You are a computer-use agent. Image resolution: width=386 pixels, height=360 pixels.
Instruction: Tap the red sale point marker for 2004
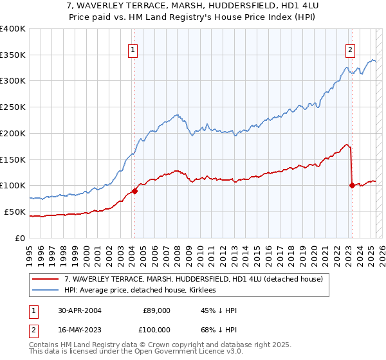tap(135, 191)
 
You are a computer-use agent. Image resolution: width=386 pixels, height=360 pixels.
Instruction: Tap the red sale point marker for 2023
tap(352, 185)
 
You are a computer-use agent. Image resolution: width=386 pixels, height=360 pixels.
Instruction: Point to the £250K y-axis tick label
tap(13, 107)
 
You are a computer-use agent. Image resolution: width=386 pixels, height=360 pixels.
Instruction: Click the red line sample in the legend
tap(46, 279)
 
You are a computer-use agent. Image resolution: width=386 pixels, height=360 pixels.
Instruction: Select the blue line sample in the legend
tap(46, 290)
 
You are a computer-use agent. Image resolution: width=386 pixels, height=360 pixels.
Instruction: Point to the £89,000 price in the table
tap(156, 310)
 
